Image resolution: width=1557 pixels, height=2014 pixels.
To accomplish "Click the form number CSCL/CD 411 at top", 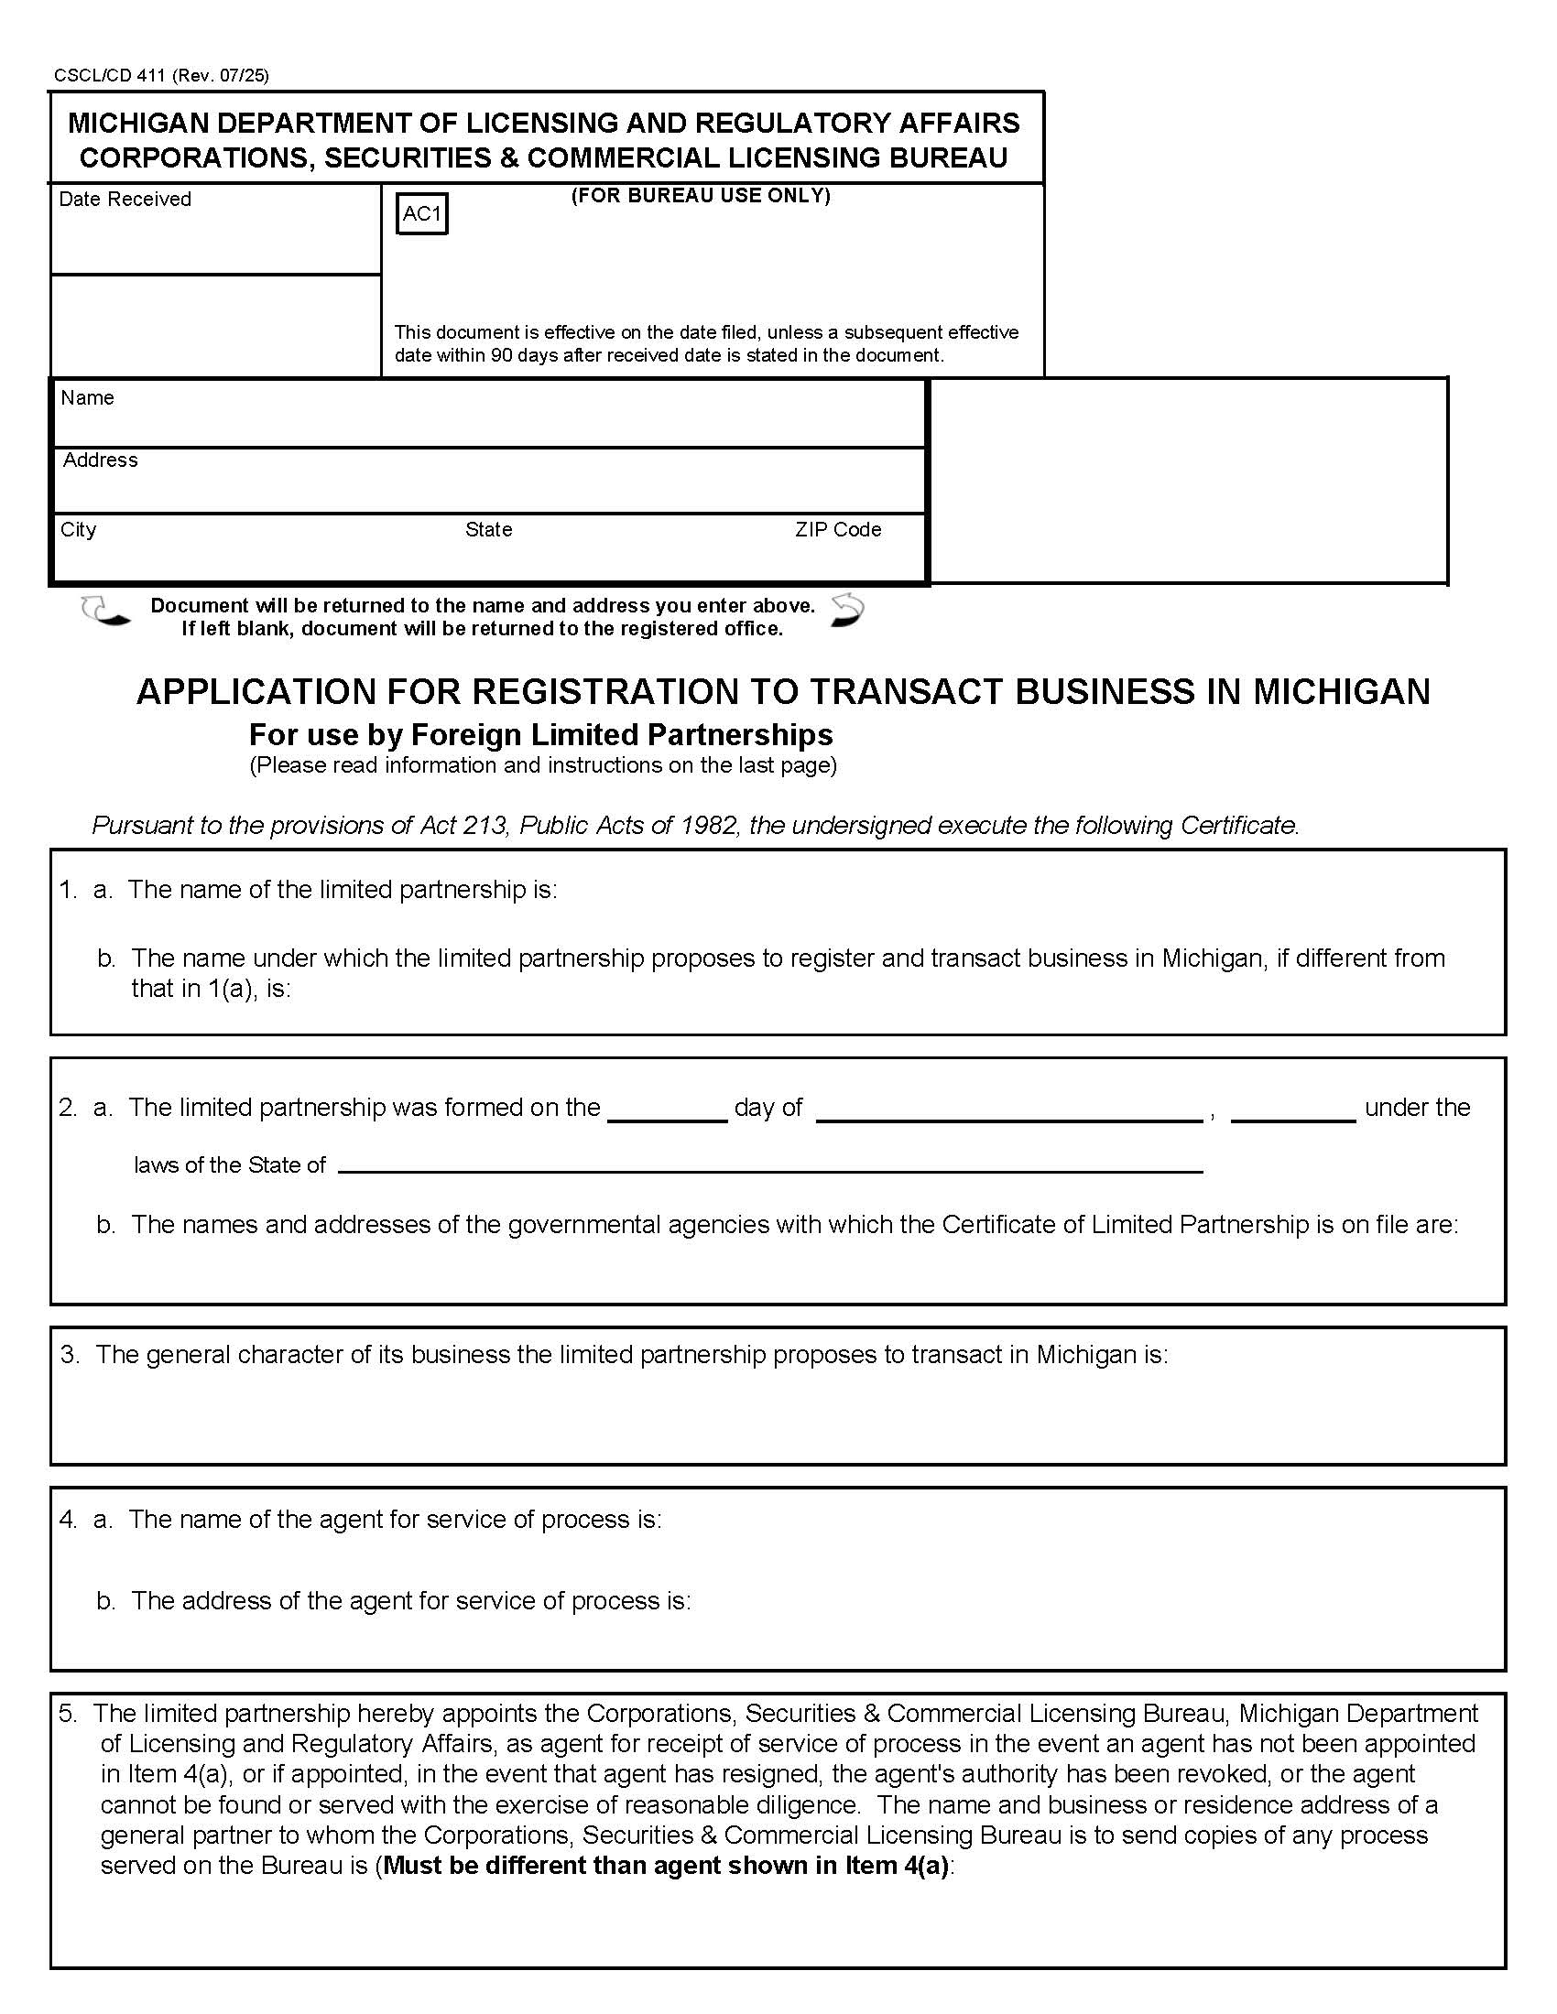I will pyautogui.click(x=109, y=76).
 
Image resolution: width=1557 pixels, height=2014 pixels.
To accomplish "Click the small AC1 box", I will pyautogui.click(x=421, y=214).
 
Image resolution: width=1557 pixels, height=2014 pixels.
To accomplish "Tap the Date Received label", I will pyautogui.click(x=125, y=200).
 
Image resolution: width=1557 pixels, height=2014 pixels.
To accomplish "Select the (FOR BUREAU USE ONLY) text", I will pyautogui.click(x=700, y=196).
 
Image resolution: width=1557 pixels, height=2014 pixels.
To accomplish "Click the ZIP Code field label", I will pyautogui.click(x=837, y=529).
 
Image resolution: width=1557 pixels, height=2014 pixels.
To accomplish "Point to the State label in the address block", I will pyautogui.click(x=488, y=529).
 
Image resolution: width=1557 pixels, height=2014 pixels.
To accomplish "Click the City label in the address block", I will pyautogui.click(x=79, y=529).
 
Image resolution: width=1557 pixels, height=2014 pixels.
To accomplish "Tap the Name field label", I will pyautogui.click(x=88, y=397).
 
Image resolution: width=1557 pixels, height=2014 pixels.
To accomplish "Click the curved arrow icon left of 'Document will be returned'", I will pyautogui.click(x=104, y=612).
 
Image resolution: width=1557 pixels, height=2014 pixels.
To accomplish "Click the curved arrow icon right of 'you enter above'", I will pyautogui.click(x=847, y=611).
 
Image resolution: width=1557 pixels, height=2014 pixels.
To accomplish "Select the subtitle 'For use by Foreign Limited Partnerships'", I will pyautogui.click(x=540, y=734).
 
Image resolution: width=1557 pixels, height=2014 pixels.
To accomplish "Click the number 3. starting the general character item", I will pyautogui.click(x=71, y=1355).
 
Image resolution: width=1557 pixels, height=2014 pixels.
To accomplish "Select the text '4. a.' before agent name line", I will pyautogui.click(x=86, y=1520).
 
